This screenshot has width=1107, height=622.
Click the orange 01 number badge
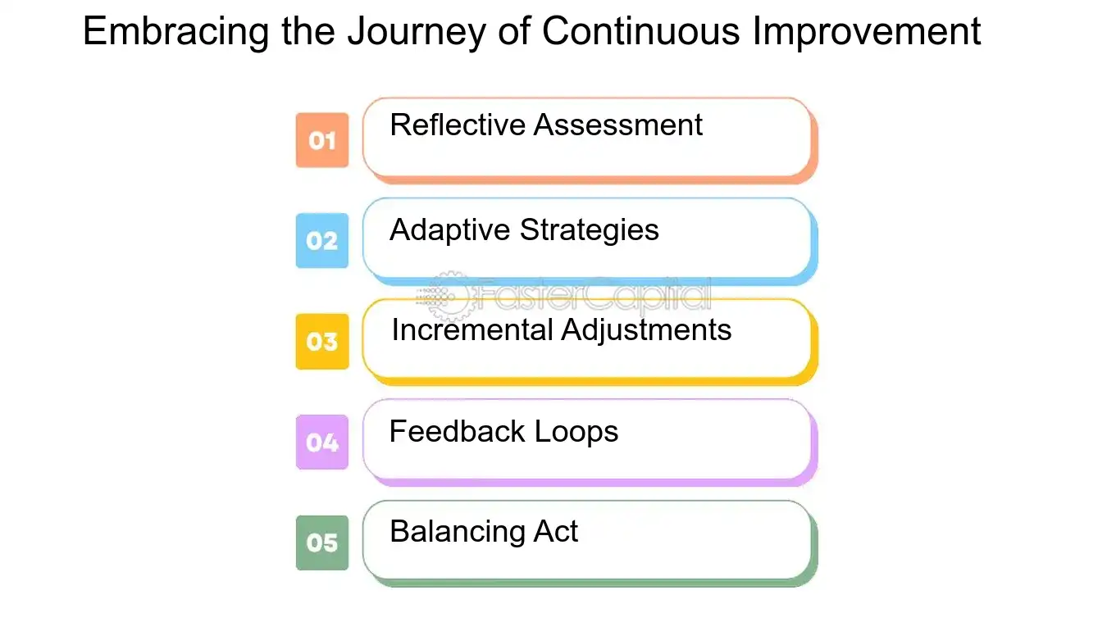321,140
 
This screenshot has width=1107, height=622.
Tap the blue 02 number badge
321,241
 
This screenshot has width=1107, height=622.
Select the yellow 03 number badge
321,341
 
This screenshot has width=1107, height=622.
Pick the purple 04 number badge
321,443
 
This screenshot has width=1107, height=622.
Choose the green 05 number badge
321,543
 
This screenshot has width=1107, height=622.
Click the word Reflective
458,125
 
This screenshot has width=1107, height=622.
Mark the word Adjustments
646,331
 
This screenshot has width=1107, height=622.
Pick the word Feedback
457,431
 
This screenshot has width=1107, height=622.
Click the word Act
556,532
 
